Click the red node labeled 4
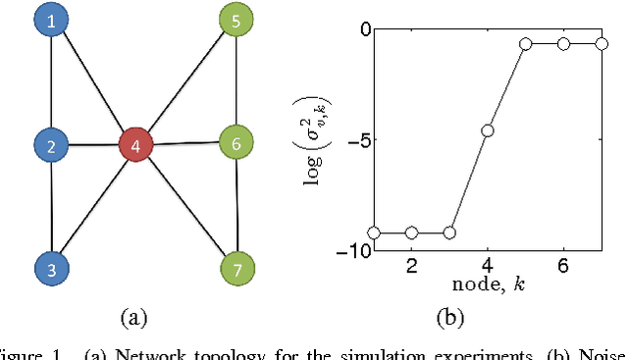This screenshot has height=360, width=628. pos(136,145)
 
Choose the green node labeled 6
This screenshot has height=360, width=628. pos(236,143)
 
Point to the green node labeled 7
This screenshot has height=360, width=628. pos(236,267)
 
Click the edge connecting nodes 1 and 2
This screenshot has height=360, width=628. pos(51,82)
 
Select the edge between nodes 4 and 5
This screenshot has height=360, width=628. pos(186,83)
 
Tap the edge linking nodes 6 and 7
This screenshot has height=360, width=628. pos(236,205)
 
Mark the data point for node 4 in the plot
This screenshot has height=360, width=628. pos(488,130)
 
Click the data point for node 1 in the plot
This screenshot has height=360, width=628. pos(374,232)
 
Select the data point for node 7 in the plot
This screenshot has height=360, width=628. pos(601,43)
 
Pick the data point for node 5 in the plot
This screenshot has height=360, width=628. pos(526,44)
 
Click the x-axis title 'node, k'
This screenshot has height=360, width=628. pos(487,285)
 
